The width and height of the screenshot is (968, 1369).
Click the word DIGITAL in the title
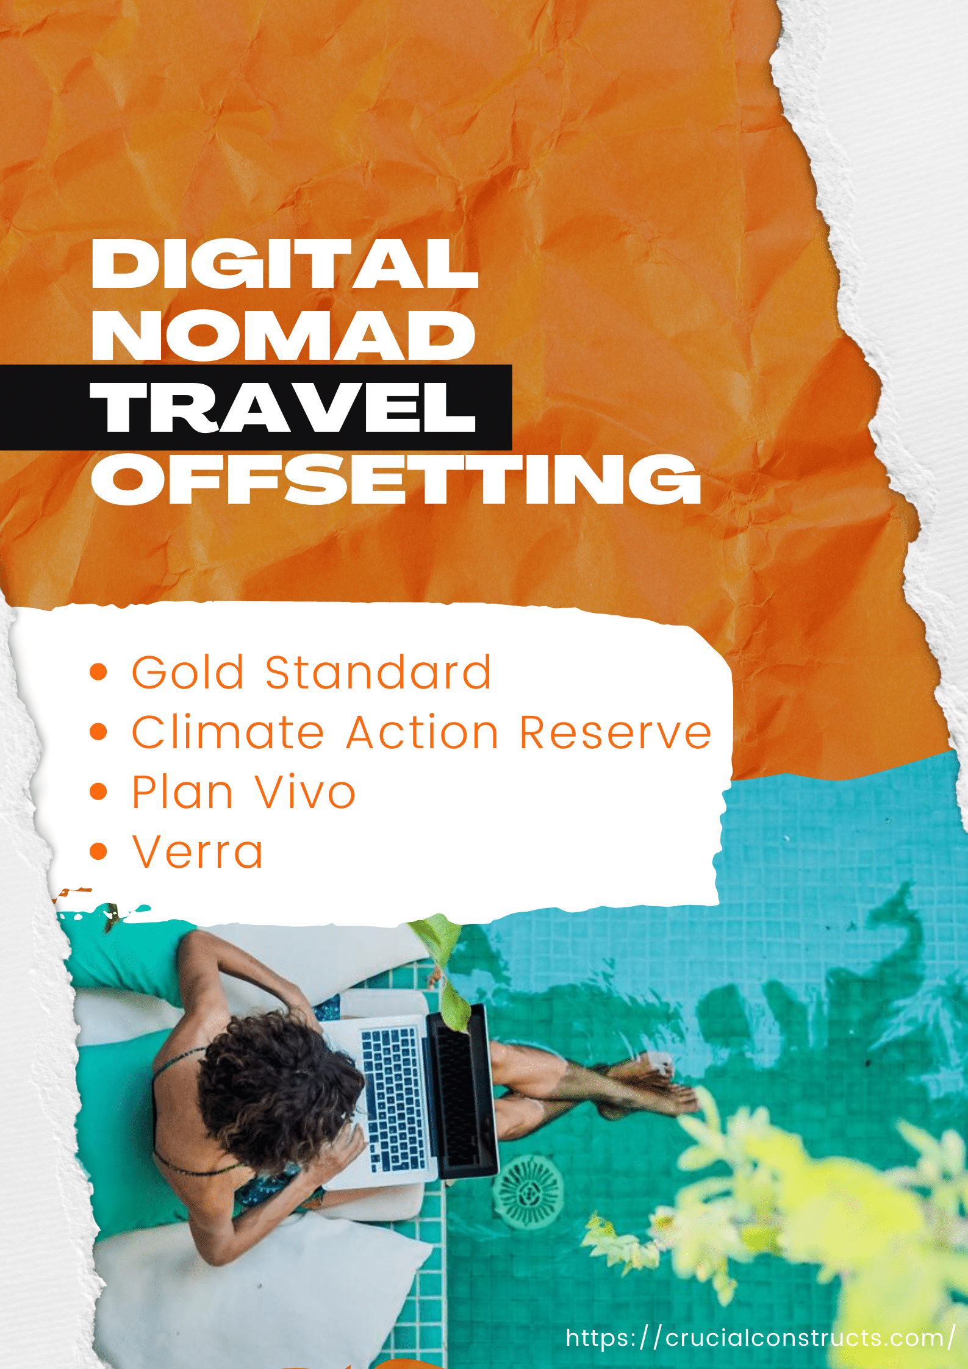(x=284, y=263)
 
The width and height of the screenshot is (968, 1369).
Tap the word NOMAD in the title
(x=283, y=335)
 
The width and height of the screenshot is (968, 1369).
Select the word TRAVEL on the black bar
(x=282, y=407)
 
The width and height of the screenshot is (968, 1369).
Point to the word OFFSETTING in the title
(x=396, y=479)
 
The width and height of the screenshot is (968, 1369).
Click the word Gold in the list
(x=188, y=672)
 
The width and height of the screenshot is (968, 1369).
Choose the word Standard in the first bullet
(x=378, y=672)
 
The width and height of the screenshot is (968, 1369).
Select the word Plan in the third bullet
(x=182, y=792)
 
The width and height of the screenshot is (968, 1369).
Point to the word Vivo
(x=305, y=792)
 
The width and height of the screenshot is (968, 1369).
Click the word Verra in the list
(x=198, y=851)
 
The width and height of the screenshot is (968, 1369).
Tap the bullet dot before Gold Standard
(x=98, y=672)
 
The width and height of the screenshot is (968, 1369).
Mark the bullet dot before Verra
(x=98, y=851)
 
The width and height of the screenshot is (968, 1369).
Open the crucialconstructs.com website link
(x=760, y=1337)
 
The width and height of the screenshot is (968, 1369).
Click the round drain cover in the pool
(x=528, y=1192)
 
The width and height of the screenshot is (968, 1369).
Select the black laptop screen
(x=462, y=1092)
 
